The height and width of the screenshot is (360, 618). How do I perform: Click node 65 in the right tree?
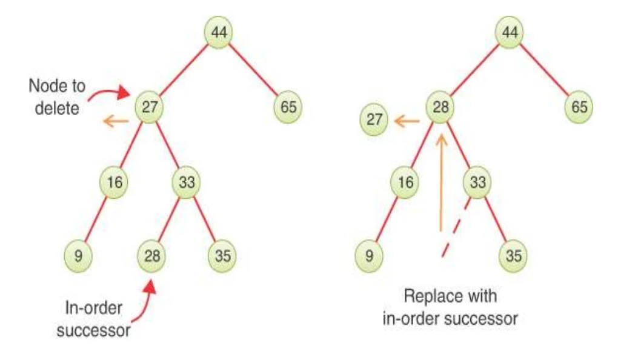[579, 107]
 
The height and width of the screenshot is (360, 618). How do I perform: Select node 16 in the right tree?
[406, 181]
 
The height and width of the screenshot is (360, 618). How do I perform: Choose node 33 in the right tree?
[477, 181]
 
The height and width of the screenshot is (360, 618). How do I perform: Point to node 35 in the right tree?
[513, 255]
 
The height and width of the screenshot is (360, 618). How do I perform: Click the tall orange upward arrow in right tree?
[442, 182]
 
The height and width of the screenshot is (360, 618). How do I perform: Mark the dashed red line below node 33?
[456, 227]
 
